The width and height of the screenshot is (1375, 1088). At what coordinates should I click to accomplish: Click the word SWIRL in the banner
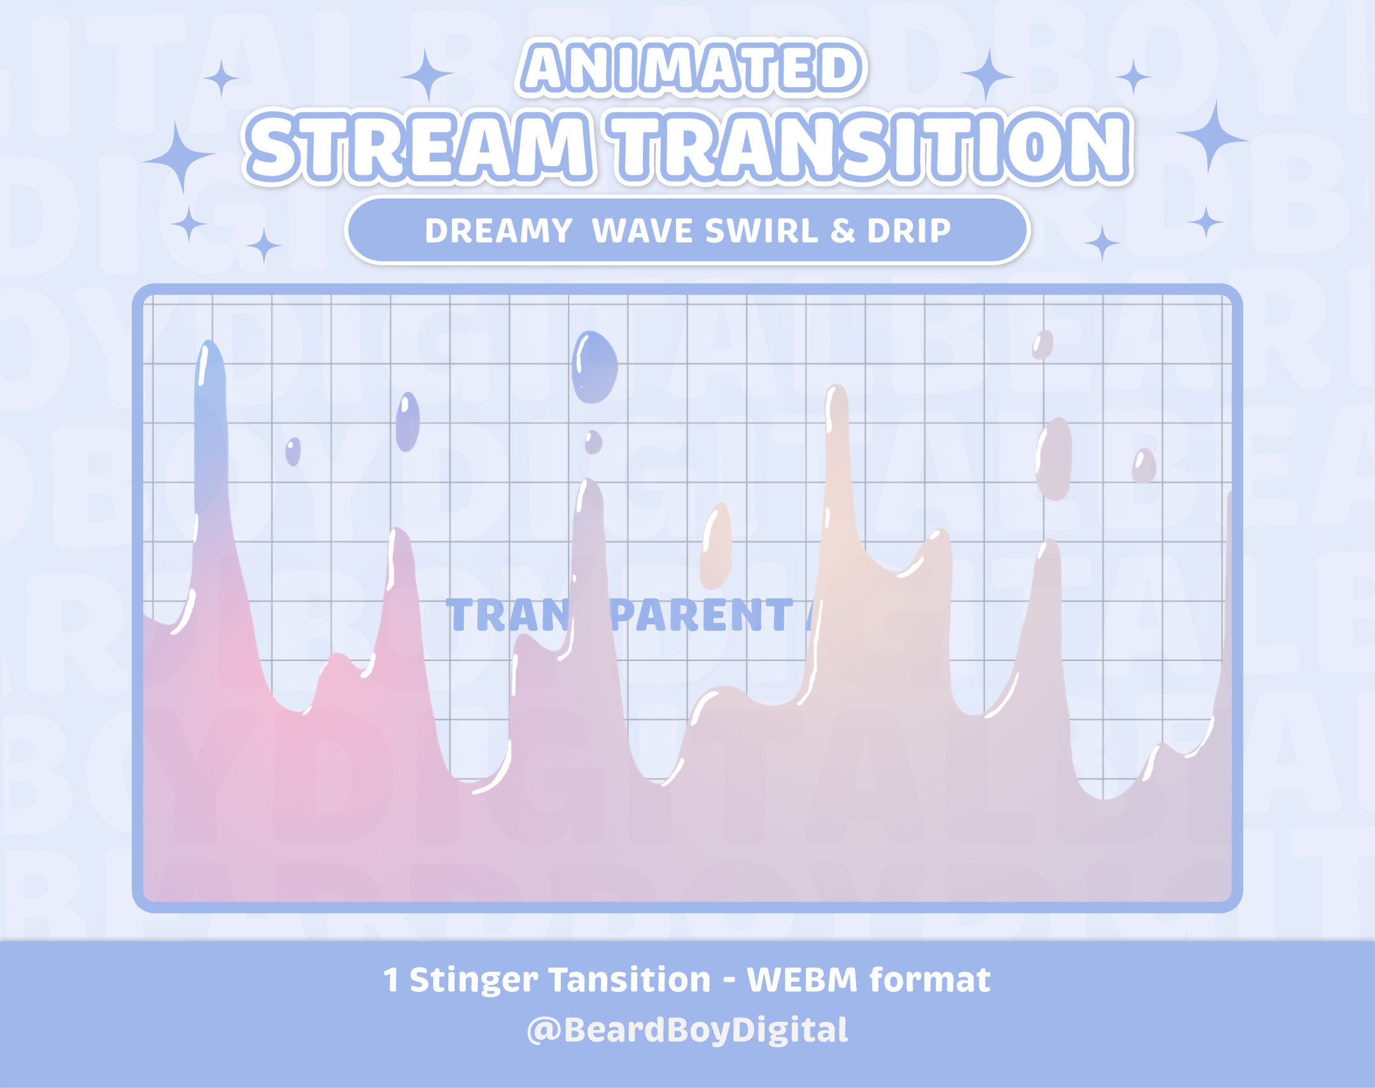[761, 230]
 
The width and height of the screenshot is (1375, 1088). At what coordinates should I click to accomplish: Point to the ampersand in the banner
[842, 230]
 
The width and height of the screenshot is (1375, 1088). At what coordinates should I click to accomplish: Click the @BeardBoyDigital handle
[687, 1029]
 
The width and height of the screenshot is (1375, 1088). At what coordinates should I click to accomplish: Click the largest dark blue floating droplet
[595, 368]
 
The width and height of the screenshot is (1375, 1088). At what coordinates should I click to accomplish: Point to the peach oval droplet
[716, 545]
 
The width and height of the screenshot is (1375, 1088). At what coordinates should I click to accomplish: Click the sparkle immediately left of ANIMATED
[428, 75]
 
